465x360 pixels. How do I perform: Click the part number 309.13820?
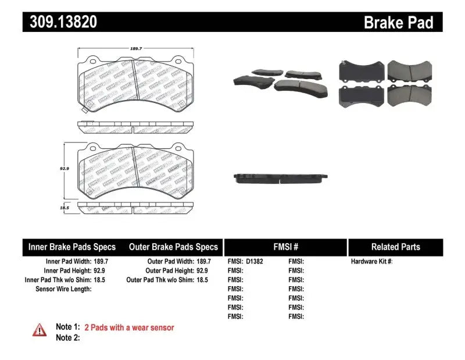tap(60, 23)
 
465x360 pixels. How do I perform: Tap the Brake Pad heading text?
tap(398, 23)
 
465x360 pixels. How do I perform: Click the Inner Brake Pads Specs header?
tap(72, 247)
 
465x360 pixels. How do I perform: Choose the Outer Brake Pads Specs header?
tap(173, 247)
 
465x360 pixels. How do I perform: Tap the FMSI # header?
tap(285, 247)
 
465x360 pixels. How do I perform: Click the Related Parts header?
tap(395, 247)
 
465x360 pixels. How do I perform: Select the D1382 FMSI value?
tap(255, 262)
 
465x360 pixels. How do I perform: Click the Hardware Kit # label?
tap(372, 262)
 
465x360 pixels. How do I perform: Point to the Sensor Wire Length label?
tap(63, 289)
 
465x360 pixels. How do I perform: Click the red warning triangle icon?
tap(40, 330)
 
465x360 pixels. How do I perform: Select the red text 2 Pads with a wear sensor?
tap(129, 327)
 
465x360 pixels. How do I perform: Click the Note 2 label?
tap(67, 337)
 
